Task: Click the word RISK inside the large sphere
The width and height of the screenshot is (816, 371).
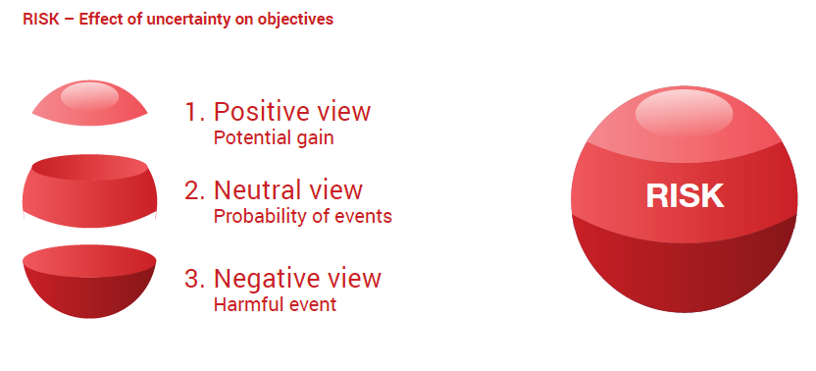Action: (685, 196)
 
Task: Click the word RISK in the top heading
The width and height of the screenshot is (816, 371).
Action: (40, 20)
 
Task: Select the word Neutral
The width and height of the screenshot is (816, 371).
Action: (259, 189)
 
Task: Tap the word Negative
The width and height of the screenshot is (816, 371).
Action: (267, 279)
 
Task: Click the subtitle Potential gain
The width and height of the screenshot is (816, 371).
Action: (274, 138)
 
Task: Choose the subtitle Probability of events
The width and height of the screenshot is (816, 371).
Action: (303, 216)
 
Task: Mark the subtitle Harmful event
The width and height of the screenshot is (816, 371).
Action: (275, 304)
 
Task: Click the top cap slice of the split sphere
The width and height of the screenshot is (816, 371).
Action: (89, 103)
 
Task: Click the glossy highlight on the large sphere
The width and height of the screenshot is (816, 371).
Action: (684, 114)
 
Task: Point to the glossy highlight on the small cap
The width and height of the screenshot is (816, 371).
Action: (89, 96)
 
